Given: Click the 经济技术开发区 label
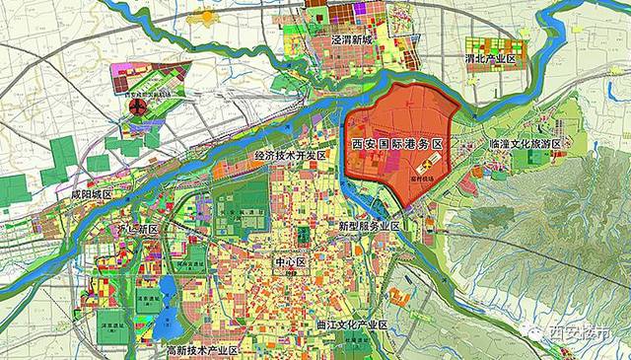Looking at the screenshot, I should (x=290, y=156).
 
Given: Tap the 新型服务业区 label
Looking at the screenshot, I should (x=369, y=226).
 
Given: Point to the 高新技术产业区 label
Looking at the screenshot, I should (x=203, y=350).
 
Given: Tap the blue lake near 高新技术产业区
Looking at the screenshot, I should (x=167, y=295).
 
